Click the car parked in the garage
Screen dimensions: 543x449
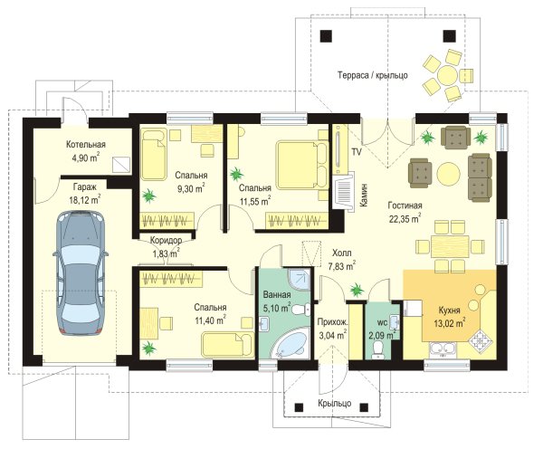(81, 273)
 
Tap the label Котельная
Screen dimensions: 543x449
(86, 145)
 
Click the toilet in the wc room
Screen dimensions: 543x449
(378, 349)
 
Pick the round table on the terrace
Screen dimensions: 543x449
(448, 74)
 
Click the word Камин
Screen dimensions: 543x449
(364, 195)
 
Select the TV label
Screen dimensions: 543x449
(357, 151)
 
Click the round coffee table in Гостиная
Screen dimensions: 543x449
(449, 173)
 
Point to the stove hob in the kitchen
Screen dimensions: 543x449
(481, 339)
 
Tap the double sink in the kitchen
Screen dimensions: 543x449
(443, 350)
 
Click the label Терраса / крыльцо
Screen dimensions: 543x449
(373, 75)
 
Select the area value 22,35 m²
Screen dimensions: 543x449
(405, 218)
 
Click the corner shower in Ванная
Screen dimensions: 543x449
(300, 279)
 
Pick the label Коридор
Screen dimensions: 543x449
(166, 240)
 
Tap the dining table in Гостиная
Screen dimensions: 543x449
(450, 246)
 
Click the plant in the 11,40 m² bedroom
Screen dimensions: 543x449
(148, 348)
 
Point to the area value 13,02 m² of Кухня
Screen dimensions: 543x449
(450, 323)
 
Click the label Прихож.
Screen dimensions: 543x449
(333, 322)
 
